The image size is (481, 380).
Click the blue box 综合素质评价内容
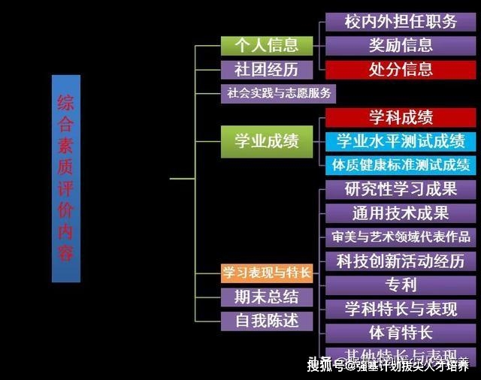(x=66, y=178)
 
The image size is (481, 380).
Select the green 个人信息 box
(x=260, y=45)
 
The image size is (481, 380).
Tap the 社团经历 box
(x=260, y=70)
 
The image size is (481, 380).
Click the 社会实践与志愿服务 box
(x=277, y=94)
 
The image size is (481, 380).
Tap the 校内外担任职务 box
(x=400, y=21)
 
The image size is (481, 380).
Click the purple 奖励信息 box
(x=400, y=45)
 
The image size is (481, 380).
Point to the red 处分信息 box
(x=400, y=70)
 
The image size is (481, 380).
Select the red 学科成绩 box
(x=400, y=117)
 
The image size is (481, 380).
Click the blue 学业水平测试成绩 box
(x=400, y=140)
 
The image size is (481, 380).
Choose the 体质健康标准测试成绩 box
(x=400, y=164)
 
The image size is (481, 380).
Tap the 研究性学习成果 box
(x=400, y=188)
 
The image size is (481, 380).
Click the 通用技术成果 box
(x=400, y=213)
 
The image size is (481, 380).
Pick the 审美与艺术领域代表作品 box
(x=400, y=237)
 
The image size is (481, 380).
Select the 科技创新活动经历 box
(x=400, y=261)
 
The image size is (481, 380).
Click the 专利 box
(x=400, y=285)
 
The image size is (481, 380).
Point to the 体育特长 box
(x=400, y=333)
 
